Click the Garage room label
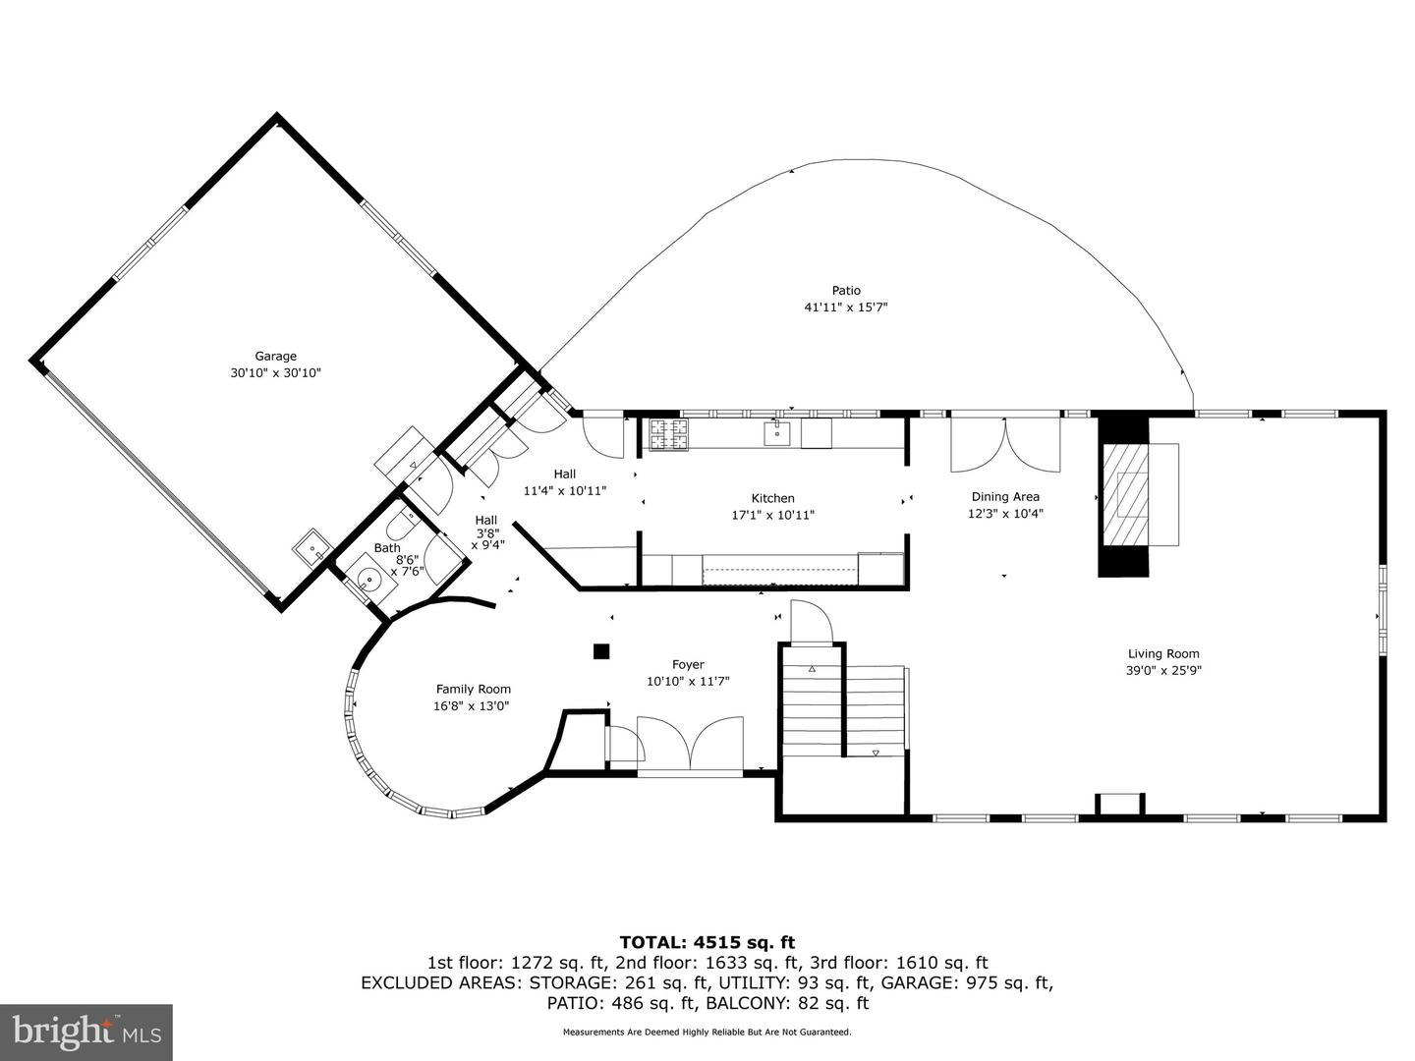pos(275,357)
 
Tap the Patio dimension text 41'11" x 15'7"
pos(846,307)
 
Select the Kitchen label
pos(772,498)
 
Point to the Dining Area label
pos(1004,497)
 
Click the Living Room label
pos(1163,653)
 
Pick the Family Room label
pos(473,690)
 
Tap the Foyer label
pos(688,665)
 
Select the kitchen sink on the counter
pos(778,432)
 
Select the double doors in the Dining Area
pos(1004,445)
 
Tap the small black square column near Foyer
pos(601,650)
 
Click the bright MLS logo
pos(85,1032)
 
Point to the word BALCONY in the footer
pos(782,1003)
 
